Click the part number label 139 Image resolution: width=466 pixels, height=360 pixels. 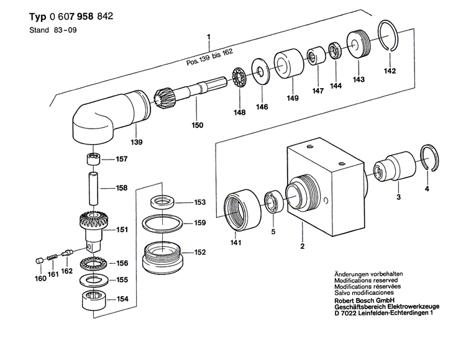tap(137, 142)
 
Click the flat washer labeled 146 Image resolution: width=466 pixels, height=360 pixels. tap(260, 70)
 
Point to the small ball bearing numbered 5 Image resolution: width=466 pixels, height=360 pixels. tap(272, 200)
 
